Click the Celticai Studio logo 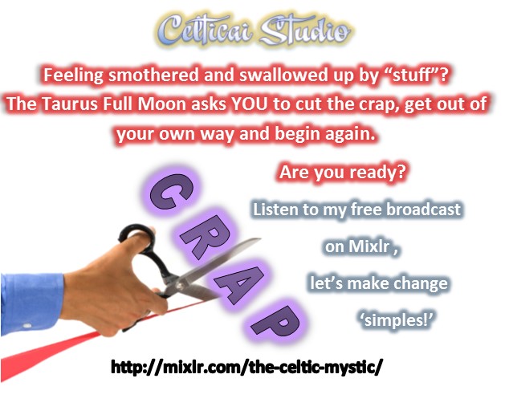point(255,31)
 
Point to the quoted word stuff point(413,75)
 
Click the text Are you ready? point(342,173)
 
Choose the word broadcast point(424,209)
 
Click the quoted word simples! point(396,320)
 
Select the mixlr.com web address point(246,367)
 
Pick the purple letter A point(238,283)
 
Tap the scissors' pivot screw point(178,284)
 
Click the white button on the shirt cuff point(27,326)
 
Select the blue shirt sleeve point(31,303)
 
